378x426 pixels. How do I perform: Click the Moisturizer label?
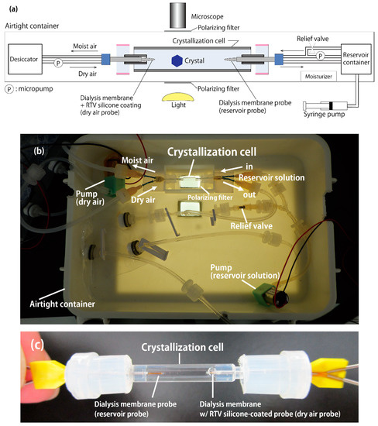(x=319, y=77)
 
